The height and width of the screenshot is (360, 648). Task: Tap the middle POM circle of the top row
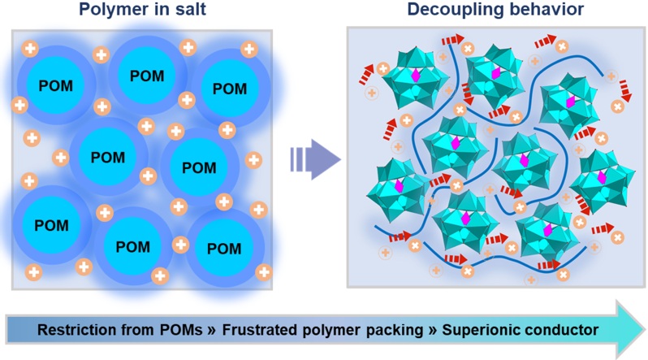click(x=146, y=76)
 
